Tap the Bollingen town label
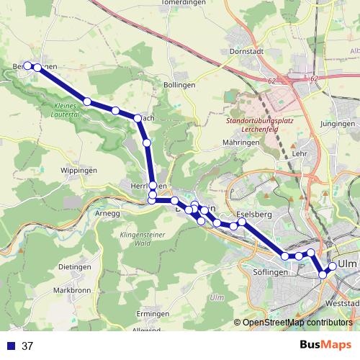tap(180, 84)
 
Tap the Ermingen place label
tap(153, 314)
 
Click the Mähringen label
tap(241, 143)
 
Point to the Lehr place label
tap(300, 154)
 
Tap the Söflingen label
tap(271, 272)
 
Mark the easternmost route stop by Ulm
tap(333, 266)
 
